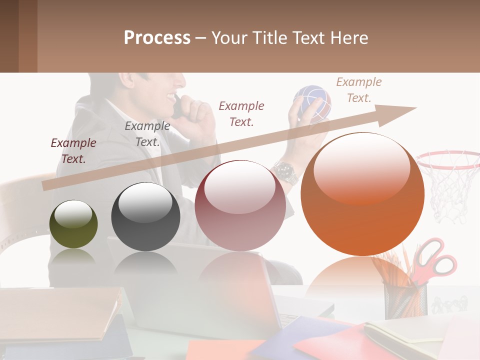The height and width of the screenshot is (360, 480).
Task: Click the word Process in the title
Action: coord(157,38)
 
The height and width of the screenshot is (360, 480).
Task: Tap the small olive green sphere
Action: coord(73,224)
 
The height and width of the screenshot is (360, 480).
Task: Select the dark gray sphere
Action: coord(145,217)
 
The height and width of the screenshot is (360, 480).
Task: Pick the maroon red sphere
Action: coord(240,206)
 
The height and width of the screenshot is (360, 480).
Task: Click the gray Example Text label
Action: coord(147,134)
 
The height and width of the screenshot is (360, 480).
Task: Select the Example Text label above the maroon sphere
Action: coord(241,113)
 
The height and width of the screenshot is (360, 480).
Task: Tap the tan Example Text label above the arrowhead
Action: coord(358,90)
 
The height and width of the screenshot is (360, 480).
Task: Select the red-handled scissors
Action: coord(435,257)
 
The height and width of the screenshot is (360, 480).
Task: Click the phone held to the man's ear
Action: coord(178,107)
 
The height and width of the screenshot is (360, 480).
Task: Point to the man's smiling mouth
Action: coord(172,95)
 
